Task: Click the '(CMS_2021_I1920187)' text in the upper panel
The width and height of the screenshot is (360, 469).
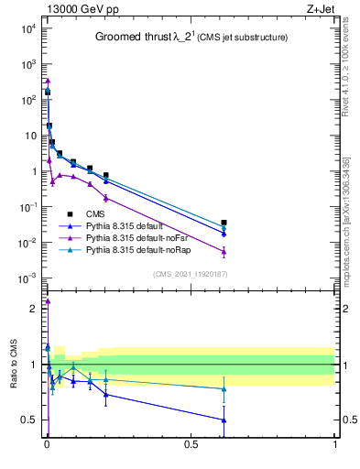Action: (x=191, y=273)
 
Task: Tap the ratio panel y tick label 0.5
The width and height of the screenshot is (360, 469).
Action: (x=29, y=420)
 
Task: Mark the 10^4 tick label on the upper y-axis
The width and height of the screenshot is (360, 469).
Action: (x=29, y=28)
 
